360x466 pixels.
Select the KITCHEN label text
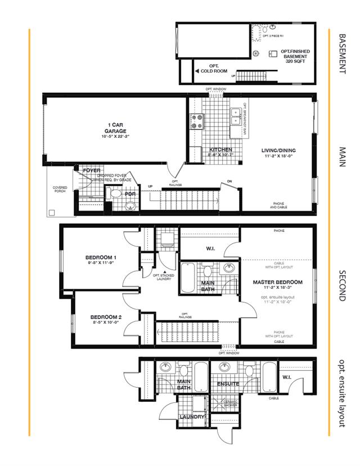220,150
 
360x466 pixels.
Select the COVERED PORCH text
60,190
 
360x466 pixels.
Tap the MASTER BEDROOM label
277,282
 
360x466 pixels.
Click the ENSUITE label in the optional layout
229,384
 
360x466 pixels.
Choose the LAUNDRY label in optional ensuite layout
190,417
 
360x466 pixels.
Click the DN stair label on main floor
229,181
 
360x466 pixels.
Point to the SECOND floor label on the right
341,285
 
